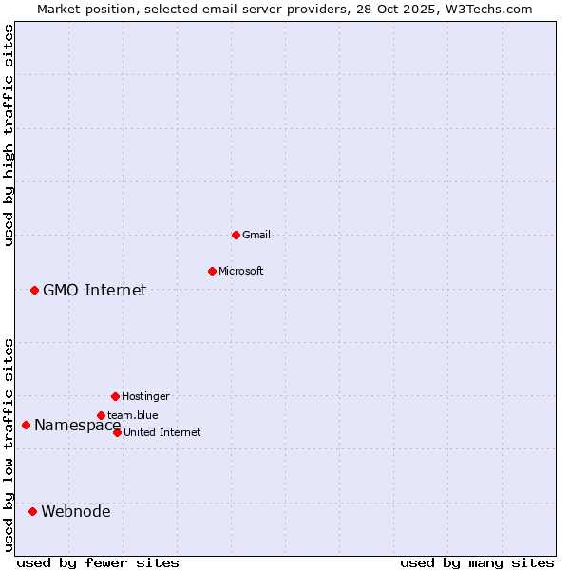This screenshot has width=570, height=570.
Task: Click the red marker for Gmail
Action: click(236, 235)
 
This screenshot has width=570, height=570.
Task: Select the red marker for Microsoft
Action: click(212, 271)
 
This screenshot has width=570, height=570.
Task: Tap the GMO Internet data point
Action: click(34, 290)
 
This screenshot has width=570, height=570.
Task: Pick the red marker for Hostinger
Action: click(115, 396)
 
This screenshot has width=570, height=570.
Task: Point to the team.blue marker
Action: click(101, 415)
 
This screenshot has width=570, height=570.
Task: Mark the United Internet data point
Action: click(117, 432)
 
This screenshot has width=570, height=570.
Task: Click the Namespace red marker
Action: click(26, 425)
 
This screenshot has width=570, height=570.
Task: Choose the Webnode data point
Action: click(32, 511)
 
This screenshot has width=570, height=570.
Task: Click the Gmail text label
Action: click(256, 235)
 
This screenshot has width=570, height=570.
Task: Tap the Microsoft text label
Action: click(241, 271)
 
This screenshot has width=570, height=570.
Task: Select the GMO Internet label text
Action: click(95, 290)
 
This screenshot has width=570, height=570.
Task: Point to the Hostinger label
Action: click(145, 396)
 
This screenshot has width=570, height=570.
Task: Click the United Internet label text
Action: click(162, 432)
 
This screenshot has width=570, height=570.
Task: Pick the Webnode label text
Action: click(76, 511)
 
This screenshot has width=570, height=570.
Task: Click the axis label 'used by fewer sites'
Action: click(98, 562)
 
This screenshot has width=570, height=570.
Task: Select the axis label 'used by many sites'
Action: click(477, 562)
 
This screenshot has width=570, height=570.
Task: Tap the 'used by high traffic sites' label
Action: click(9, 135)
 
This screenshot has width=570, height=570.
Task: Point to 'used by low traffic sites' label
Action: click(9, 445)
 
